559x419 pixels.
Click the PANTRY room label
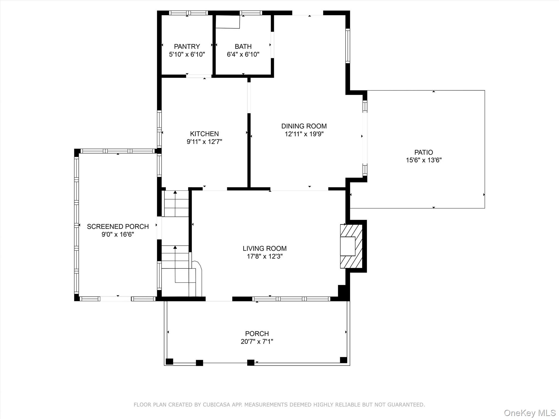pos(187,46)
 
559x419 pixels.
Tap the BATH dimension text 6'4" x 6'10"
pos(243,54)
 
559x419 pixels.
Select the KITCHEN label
pos(204,134)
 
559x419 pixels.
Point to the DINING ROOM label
pos(304,126)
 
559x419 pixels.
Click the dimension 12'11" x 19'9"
pos(304,134)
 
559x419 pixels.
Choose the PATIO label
pos(423,152)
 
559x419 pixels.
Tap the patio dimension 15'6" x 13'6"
pos(424,160)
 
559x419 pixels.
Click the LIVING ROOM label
pos(264,249)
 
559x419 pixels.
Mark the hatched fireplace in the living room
pos(351,246)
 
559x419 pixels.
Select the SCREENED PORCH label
pos(118,226)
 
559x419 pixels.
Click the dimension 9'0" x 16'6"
pos(118,234)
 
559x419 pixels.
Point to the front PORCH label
pos(257,334)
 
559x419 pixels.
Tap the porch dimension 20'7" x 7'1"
pos(257,342)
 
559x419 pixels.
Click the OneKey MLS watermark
pos(530,413)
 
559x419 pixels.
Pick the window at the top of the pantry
pos(188,13)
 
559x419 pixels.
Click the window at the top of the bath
pos(251,13)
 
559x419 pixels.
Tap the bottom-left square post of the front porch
pos(170,361)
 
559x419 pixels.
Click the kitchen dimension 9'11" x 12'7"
pos(204,142)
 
